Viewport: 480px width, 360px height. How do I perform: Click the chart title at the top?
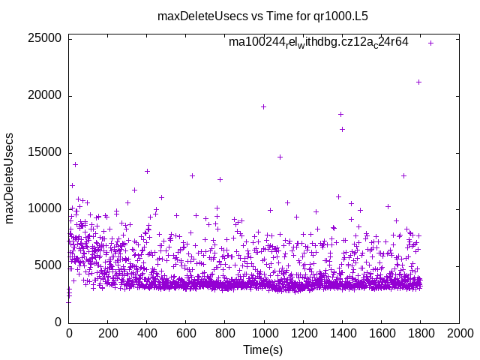click(x=262, y=15)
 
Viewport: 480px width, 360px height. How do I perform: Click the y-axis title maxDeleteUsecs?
click(x=10, y=178)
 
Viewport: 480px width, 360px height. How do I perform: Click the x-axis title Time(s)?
click(x=263, y=349)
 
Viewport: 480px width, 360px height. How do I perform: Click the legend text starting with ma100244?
click(x=318, y=43)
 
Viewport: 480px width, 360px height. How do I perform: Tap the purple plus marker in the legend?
click(x=430, y=43)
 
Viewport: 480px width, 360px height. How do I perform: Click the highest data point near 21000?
click(x=418, y=82)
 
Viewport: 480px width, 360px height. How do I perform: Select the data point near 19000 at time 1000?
click(x=263, y=106)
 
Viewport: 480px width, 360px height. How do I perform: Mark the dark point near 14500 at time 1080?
click(x=280, y=157)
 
